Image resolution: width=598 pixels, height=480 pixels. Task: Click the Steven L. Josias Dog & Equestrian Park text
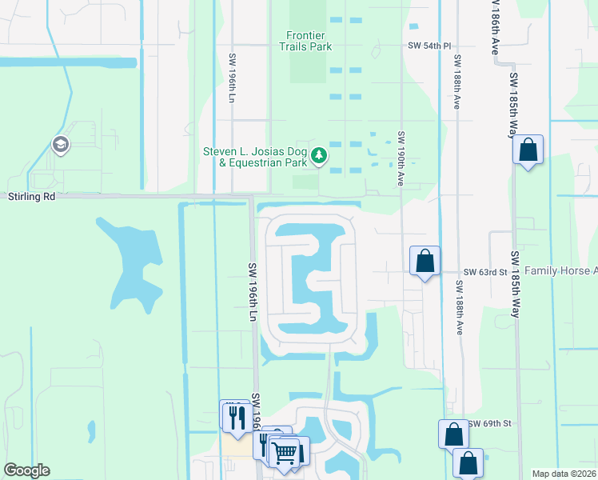[255, 157]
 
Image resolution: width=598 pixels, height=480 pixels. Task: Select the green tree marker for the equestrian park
[319, 154]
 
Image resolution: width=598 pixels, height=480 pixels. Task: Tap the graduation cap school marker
[59, 145]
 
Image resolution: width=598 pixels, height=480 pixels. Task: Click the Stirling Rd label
[32, 196]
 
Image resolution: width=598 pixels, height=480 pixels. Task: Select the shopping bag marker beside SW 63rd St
[425, 261]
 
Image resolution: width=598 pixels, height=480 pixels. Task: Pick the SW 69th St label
[489, 422]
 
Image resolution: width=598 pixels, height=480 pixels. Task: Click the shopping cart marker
[285, 452]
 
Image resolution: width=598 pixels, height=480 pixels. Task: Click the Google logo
[26, 470]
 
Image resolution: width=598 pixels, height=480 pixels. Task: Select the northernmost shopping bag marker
[528, 150]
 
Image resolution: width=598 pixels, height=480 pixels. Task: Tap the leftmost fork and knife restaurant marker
[236, 418]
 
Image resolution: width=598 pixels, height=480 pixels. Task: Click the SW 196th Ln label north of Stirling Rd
[233, 78]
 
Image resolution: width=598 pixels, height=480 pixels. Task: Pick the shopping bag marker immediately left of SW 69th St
[453, 434]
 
